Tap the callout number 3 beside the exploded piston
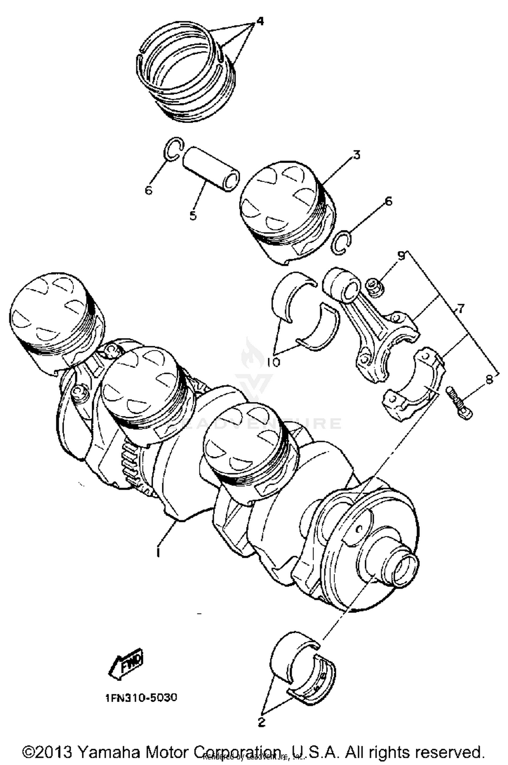pos(356,155)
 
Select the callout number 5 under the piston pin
pos(193,215)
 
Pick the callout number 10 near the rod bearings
pos(273,362)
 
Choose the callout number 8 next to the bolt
pos(489,380)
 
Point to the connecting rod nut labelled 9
pos(375,287)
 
